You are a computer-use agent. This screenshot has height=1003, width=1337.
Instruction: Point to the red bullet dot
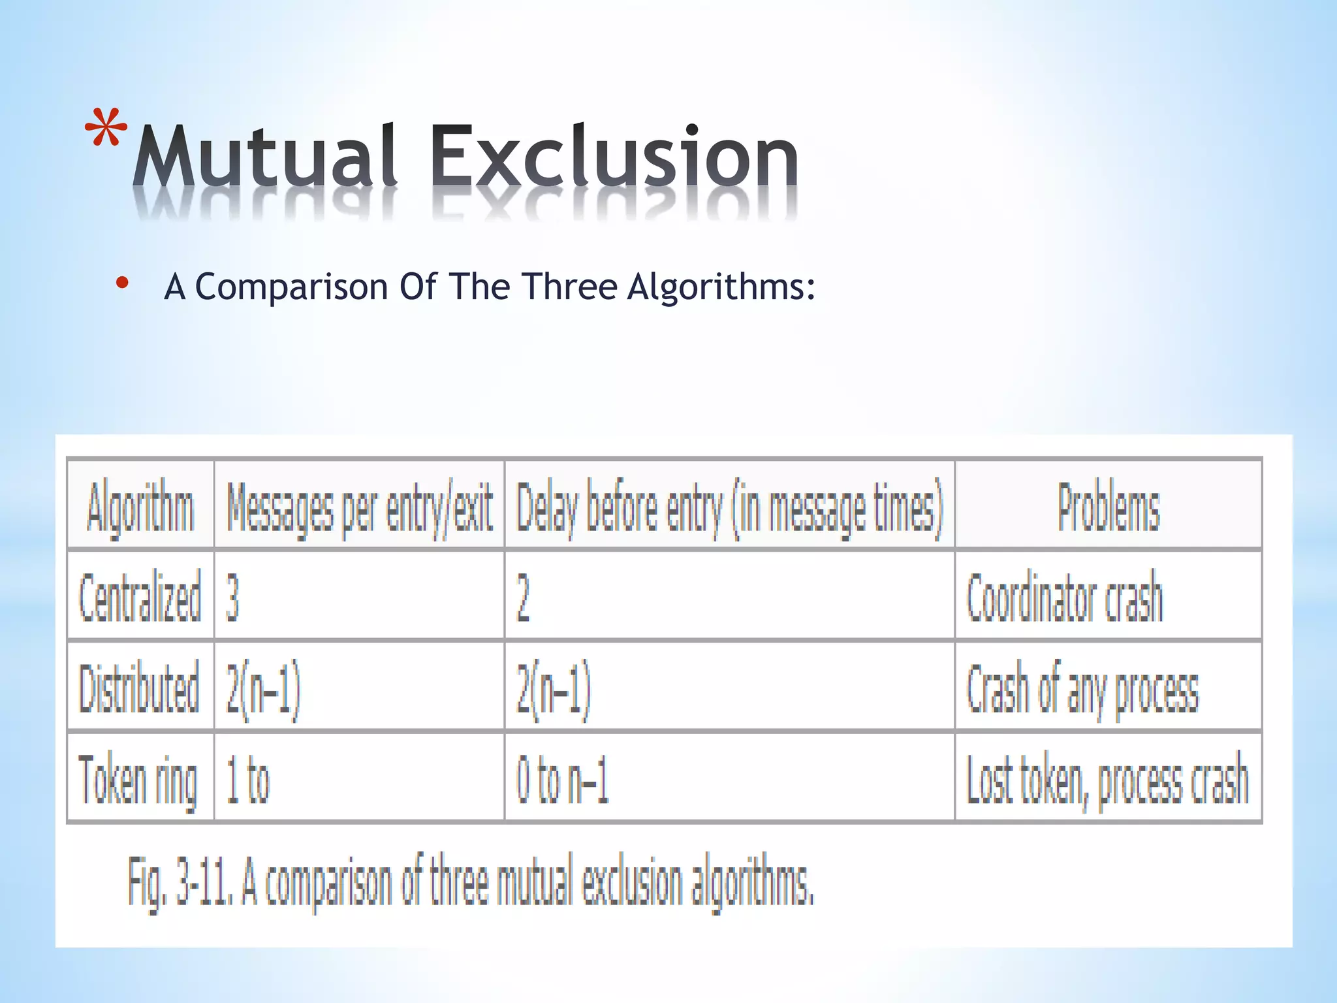pyautogui.click(x=121, y=283)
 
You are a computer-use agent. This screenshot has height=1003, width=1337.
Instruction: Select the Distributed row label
pyautogui.click(x=139, y=688)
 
